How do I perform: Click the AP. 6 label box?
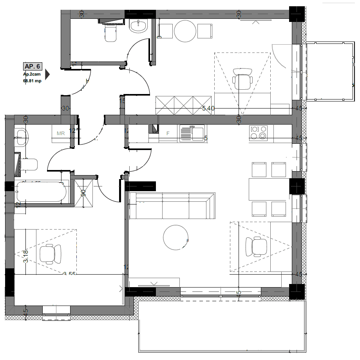click(x=33, y=66)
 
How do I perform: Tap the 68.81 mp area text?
click(x=32, y=81)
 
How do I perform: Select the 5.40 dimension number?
click(x=208, y=109)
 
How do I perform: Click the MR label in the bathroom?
click(x=61, y=133)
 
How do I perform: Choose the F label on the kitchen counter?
click(x=168, y=134)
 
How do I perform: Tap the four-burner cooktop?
click(x=259, y=132)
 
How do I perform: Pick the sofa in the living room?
click(x=172, y=206)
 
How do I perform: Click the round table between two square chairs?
click(x=185, y=31)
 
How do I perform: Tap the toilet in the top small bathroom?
click(x=111, y=33)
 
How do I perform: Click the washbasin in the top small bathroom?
click(x=138, y=26)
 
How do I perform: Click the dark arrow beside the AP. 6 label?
click(x=47, y=74)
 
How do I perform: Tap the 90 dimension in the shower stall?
click(x=83, y=193)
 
